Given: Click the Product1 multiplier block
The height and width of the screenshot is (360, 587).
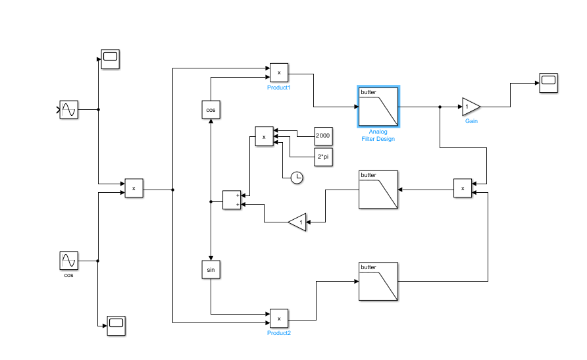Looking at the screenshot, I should (279, 72).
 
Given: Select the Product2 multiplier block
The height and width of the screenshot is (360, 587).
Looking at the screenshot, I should (279, 319).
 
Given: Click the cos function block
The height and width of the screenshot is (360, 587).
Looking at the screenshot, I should (211, 109).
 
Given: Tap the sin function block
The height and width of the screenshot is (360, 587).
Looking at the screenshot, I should (211, 270).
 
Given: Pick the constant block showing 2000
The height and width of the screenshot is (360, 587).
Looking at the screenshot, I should (323, 136).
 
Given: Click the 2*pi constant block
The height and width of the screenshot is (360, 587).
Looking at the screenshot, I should (323, 157).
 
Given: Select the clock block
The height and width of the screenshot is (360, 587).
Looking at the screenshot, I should (297, 177).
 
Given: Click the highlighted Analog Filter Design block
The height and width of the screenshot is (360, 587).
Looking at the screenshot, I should (378, 107).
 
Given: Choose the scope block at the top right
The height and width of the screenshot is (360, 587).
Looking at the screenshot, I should (548, 82).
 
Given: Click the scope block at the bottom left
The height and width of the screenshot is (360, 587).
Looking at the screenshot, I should (116, 325).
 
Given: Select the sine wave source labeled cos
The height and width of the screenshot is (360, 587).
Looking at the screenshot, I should (68, 261).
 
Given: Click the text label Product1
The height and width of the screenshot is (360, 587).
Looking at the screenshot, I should (279, 88).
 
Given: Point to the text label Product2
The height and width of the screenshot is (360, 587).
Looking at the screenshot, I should (279, 334).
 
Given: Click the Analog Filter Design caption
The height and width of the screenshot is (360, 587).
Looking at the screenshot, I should (378, 136).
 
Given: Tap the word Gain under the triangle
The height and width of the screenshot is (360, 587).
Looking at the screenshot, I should (471, 122).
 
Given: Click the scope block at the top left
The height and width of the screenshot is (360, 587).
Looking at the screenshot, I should (110, 59).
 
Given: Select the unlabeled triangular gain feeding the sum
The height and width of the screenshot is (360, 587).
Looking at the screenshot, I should (298, 222).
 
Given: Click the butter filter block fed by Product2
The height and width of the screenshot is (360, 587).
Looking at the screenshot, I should (378, 281).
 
